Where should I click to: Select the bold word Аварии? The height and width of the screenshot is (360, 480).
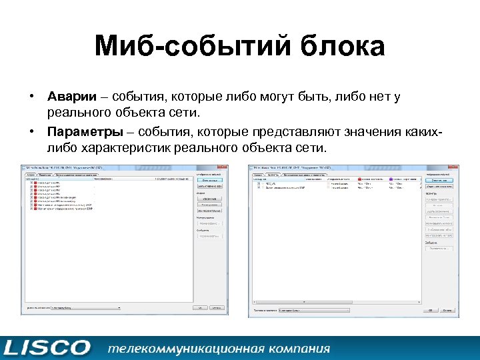click(x=69, y=97)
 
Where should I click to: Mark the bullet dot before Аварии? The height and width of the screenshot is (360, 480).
click(x=31, y=98)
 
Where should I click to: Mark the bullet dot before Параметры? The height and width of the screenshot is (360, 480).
click(x=31, y=131)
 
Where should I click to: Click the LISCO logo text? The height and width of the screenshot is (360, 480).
click(x=47, y=347)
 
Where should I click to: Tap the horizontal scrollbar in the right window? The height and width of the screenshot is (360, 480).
click(x=333, y=304)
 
